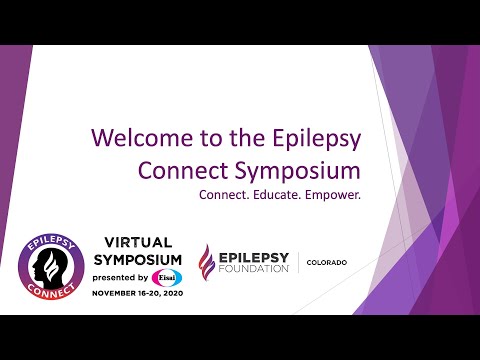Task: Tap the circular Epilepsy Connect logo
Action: point(51,267)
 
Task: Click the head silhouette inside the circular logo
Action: point(50,265)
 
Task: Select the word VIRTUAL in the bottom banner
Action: point(138,241)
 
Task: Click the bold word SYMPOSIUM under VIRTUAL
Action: point(138,258)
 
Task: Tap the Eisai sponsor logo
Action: point(167,277)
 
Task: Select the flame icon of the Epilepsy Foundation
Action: point(206,263)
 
